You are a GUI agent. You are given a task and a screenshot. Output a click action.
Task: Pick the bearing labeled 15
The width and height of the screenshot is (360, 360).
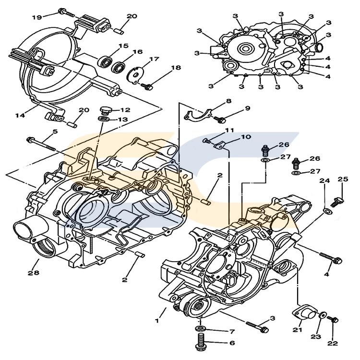(x=105, y=61)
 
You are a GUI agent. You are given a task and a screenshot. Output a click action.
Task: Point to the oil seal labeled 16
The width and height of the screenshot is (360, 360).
(x=118, y=67)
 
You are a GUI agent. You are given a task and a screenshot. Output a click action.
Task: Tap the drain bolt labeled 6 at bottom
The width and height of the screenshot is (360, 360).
(x=200, y=343)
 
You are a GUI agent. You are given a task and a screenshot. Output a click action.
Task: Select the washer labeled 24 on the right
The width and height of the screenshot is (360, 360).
(x=327, y=211)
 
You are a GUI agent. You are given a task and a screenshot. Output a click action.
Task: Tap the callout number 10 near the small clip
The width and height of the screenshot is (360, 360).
(x=245, y=137)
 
